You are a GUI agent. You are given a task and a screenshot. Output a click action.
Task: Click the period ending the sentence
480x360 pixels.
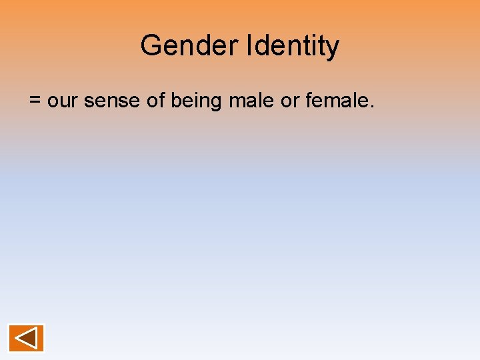click(x=371, y=107)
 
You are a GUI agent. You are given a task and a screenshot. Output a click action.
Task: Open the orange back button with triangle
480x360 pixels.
click(x=27, y=338)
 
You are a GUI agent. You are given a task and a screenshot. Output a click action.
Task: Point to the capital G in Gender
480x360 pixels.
click(x=150, y=45)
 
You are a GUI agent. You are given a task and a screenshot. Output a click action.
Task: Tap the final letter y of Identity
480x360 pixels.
click(x=332, y=48)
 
